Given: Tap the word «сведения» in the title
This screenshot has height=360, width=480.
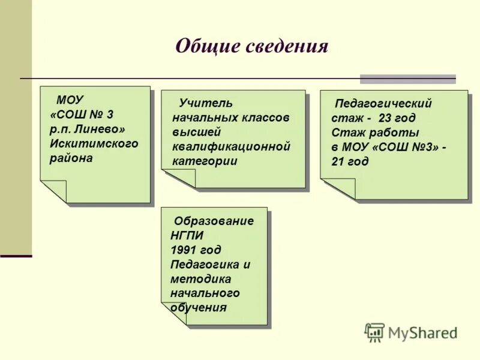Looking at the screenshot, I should click(287, 46).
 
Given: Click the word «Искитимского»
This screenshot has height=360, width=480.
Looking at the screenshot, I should click(94, 143).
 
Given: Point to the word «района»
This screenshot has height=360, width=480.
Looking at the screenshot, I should click(71, 158).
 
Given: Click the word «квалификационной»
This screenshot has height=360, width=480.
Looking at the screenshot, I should click(231, 146).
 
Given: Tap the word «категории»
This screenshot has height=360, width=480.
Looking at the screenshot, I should click(205, 161).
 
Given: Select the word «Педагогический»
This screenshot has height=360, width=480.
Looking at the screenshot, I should click(383, 104).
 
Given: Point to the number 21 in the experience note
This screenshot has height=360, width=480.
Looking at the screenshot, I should click(338, 161).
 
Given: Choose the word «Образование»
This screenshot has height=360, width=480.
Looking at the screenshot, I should click(214, 221).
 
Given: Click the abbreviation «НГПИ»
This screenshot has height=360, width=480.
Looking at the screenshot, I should click(187, 235).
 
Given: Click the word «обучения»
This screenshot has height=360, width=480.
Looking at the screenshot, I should click(199, 308).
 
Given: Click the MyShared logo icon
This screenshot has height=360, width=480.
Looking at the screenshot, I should click(374, 332).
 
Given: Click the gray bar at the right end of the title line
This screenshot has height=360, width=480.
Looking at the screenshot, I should click(407, 79).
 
